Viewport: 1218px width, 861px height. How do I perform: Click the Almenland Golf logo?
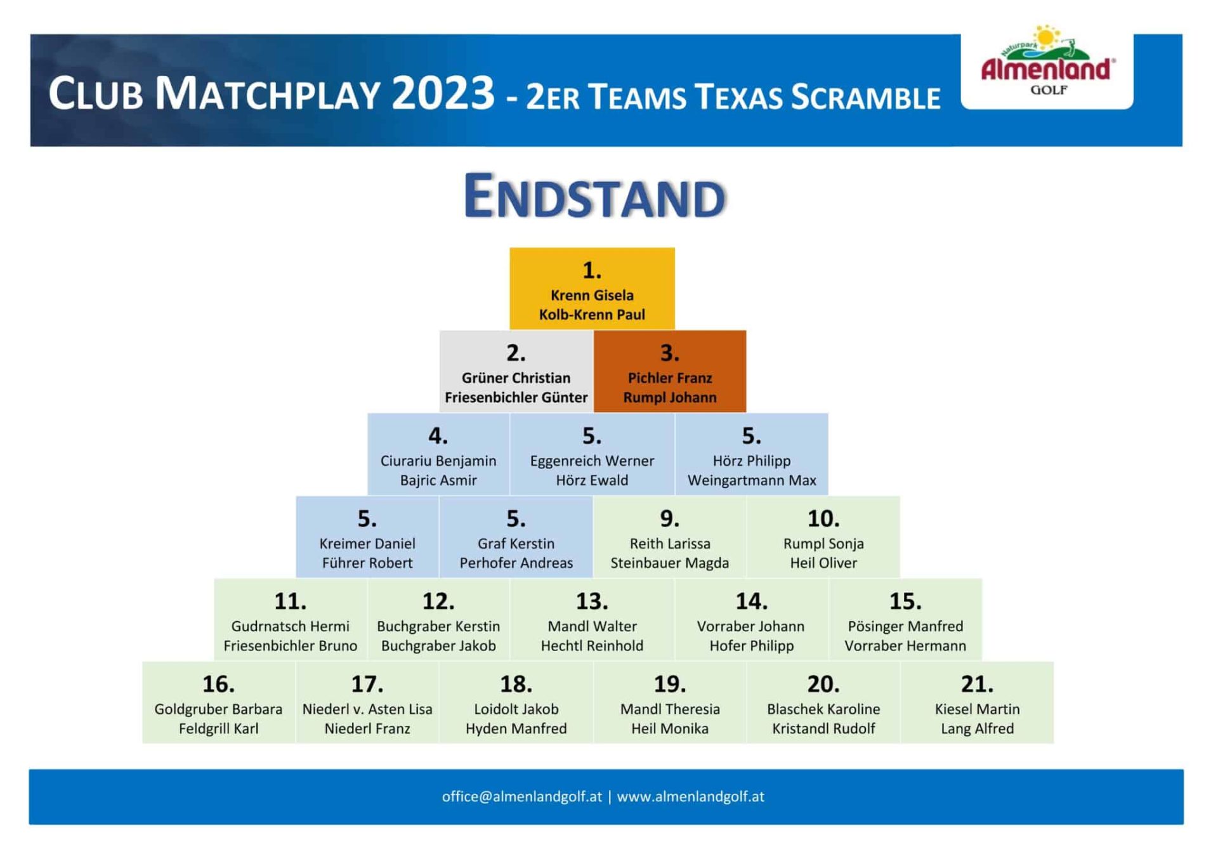click(1047, 61)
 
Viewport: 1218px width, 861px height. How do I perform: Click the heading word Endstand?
click(594, 196)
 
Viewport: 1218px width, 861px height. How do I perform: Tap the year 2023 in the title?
click(443, 93)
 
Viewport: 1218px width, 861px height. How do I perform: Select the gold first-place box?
click(592, 289)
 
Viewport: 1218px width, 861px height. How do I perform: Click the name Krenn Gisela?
click(592, 295)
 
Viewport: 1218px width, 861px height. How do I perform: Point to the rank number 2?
click(516, 353)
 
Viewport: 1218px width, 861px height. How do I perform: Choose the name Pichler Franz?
click(670, 378)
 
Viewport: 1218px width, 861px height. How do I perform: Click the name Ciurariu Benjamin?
click(438, 461)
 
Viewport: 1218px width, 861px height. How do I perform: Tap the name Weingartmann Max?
click(752, 480)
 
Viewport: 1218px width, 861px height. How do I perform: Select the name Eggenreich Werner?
click(592, 461)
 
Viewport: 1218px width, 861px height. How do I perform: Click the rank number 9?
click(670, 519)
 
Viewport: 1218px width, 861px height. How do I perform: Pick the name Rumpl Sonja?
click(823, 544)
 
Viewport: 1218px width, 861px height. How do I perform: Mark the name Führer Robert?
click(367, 563)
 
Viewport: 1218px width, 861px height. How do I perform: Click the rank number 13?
click(592, 601)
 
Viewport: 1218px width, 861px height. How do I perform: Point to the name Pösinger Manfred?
click(905, 626)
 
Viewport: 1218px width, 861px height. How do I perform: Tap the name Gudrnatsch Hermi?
click(290, 626)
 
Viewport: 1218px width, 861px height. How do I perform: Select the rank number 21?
click(977, 684)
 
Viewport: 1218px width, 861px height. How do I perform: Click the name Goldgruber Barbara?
click(218, 709)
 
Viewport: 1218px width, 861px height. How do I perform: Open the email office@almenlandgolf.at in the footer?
click(521, 797)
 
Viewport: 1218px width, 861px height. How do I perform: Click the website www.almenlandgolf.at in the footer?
click(690, 797)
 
